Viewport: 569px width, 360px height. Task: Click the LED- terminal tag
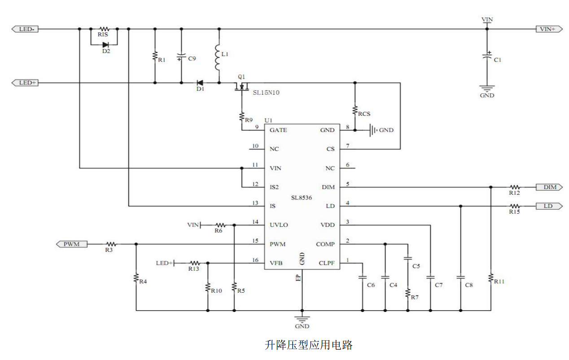[x=25, y=29]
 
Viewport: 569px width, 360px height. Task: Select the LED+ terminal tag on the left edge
[x=25, y=83]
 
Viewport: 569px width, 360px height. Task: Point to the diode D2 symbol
[x=105, y=45]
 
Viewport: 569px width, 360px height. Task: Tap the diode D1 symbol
[x=200, y=83]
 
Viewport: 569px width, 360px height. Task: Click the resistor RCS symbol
[x=355, y=110]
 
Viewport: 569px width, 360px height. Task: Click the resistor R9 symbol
[x=242, y=117]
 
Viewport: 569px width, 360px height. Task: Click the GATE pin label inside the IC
[x=278, y=130]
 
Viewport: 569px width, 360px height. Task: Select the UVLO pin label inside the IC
[x=279, y=225]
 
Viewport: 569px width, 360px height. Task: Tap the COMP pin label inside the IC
[x=325, y=244]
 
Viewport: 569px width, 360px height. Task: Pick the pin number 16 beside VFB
[x=255, y=260]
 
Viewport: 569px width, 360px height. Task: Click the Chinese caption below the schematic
[x=309, y=345]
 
